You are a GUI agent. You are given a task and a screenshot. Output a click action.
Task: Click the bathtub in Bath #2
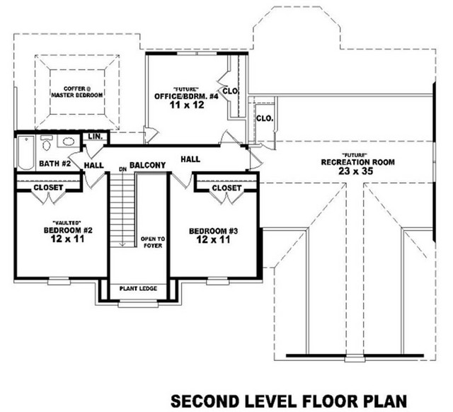click(x=26, y=152)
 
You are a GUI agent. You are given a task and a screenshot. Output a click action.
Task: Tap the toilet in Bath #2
click(x=46, y=142)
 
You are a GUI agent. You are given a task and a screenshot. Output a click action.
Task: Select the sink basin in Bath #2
click(x=69, y=142)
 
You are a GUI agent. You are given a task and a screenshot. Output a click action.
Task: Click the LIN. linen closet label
click(x=96, y=137)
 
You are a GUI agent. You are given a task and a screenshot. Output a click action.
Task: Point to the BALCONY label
click(x=148, y=165)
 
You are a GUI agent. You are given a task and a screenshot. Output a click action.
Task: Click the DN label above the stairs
click(x=122, y=169)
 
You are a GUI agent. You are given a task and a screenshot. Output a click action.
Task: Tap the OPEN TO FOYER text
click(x=153, y=242)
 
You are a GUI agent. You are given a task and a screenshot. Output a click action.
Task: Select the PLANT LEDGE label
click(x=138, y=288)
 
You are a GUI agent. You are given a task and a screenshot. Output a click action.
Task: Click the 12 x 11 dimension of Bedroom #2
click(x=68, y=239)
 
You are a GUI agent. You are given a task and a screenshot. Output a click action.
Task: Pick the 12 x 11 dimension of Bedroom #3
click(x=213, y=239)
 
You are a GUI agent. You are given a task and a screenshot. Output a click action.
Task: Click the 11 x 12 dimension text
click(x=187, y=105)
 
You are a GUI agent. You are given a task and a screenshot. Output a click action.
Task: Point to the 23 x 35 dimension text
click(x=356, y=171)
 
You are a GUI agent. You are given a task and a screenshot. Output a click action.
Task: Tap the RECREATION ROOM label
click(x=357, y=162)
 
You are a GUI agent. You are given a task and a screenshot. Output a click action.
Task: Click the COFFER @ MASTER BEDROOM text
click(x=76, y=92)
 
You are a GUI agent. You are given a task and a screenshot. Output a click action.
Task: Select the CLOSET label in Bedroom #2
click(x=48, y=188)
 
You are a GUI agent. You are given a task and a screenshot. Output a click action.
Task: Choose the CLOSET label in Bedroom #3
click(x=226, y=188)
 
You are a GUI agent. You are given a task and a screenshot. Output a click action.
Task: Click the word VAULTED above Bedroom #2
click(x=67, y=222)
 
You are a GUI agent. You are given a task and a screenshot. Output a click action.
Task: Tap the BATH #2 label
click(x=55, y=164)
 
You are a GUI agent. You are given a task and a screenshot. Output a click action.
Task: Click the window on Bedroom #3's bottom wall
click(x=218, y=280)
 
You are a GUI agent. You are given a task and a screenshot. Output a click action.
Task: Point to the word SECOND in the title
click(x=205, y=401)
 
